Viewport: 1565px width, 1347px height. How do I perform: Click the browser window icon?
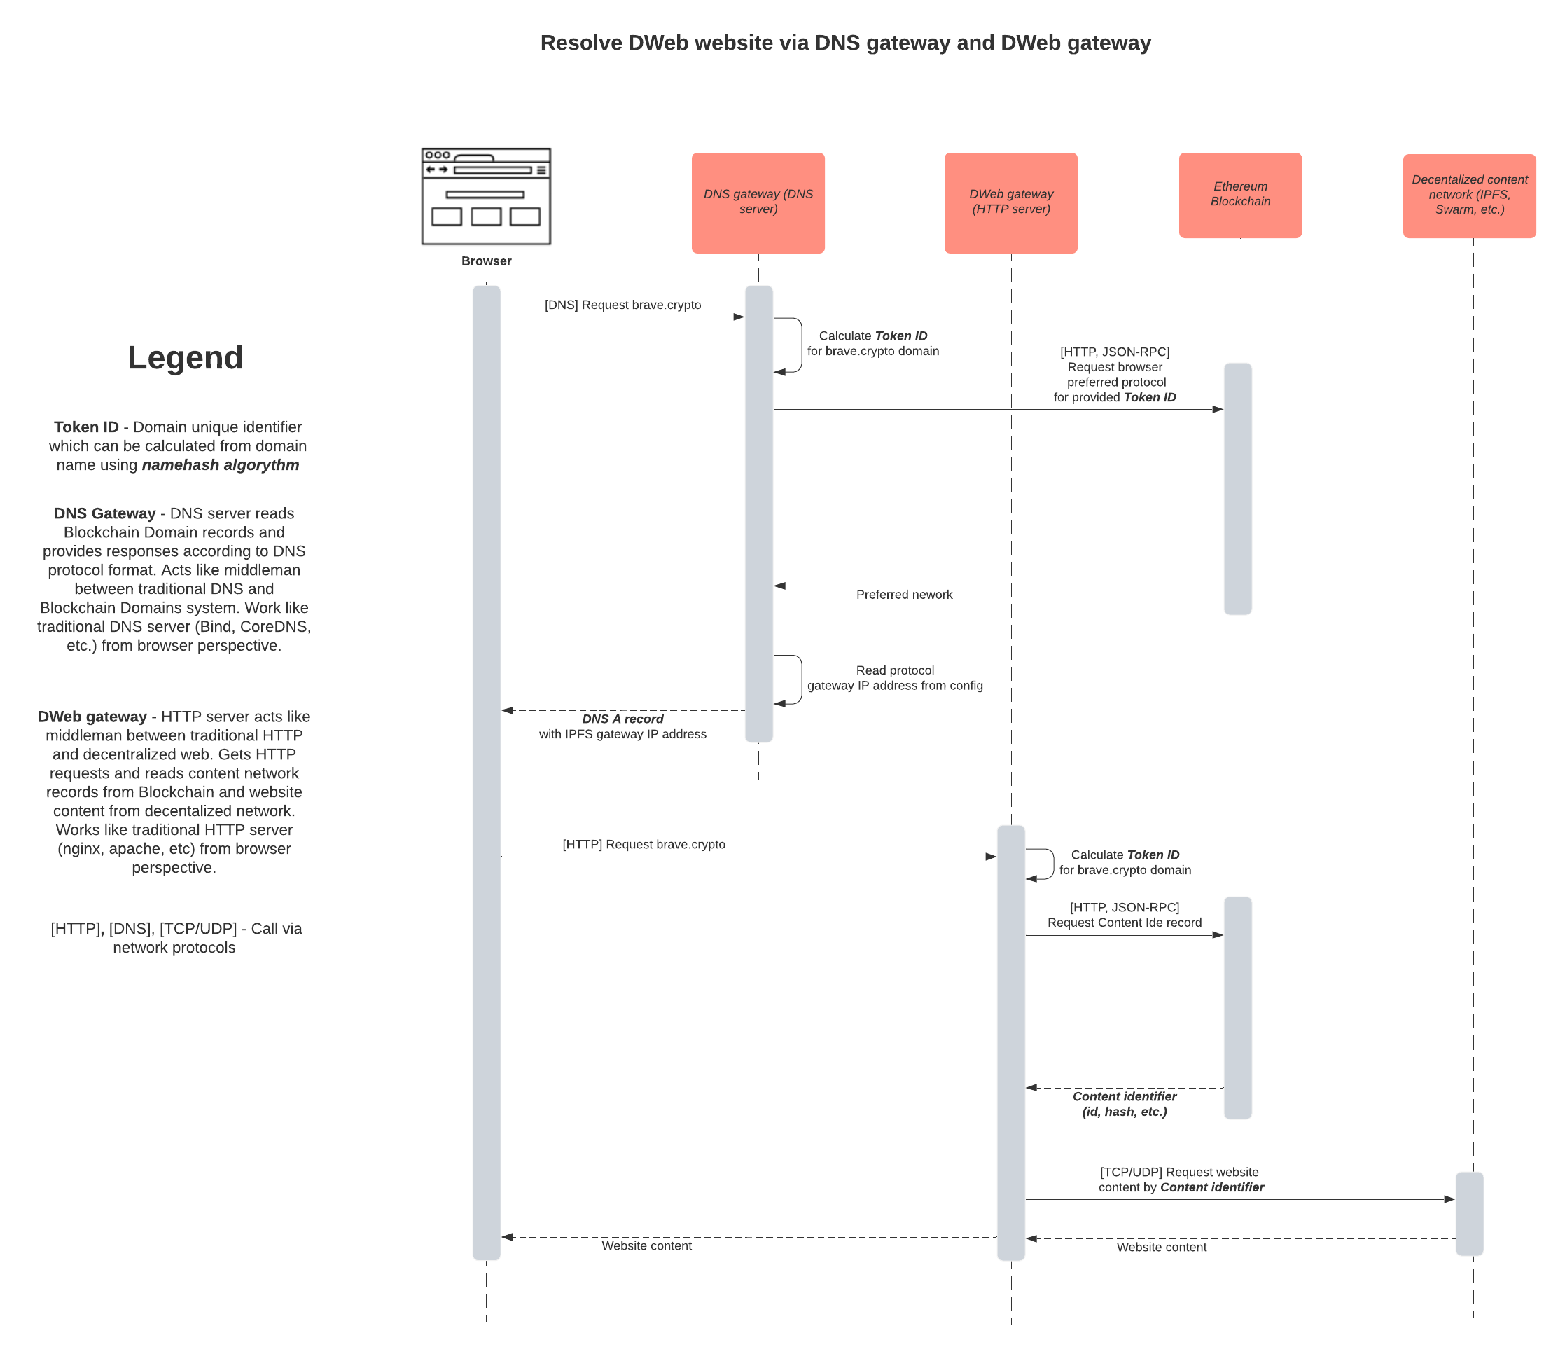(486, 196)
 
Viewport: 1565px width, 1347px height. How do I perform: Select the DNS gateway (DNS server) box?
(758, 202)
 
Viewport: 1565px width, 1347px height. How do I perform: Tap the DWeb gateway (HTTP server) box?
(1010, 202)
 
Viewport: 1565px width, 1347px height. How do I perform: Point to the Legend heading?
(185, 357)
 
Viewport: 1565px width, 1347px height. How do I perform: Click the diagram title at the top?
(845, 43)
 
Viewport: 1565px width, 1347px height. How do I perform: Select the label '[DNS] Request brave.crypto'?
(622, 305)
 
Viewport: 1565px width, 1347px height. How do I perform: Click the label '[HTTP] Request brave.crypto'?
(644, 844)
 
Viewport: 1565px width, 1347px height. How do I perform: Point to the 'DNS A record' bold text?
(622, 719)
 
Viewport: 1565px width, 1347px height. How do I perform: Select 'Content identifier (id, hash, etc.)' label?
(1124, 1104)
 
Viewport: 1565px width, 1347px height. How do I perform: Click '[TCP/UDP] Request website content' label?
(1180, 1180)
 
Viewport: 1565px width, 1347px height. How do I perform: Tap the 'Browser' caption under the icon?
(486, 261)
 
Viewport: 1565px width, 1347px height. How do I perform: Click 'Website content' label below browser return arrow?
(646, 1245)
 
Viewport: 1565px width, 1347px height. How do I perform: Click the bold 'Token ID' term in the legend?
(86, 427)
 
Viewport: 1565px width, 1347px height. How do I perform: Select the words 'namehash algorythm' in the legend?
(220, 464)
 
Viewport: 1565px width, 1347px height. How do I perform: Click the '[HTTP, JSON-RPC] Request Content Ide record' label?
(1124, 915)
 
